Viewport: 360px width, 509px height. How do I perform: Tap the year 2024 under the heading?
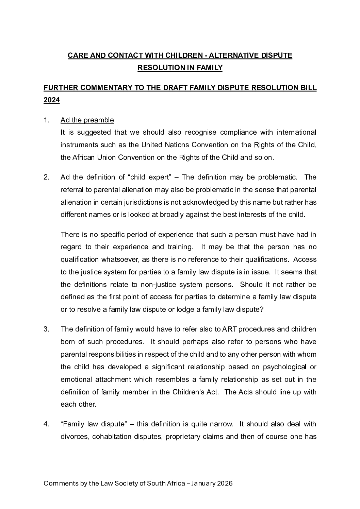[52, 100]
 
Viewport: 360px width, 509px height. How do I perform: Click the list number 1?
[47, 120]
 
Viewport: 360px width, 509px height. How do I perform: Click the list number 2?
[47, 177]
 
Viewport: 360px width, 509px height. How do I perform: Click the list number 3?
[47, 329]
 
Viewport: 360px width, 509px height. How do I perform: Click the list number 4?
[47, 424]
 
